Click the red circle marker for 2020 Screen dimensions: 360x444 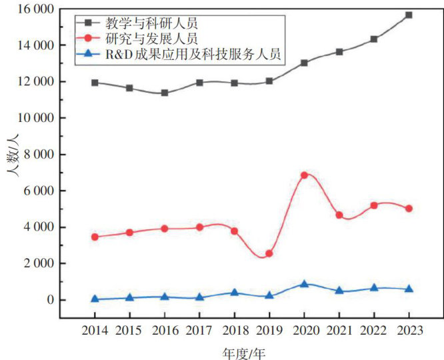click(x=304, y=175)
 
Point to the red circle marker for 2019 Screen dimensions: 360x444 click(x=269, y=253)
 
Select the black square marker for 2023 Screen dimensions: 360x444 click(x=409, y=15)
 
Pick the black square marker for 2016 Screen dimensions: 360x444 click(x=165, y=93)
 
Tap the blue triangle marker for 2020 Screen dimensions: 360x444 click(x=304, y=284)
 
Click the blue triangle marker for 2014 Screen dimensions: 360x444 click(x=95, y=299)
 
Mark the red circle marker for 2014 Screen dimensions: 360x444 click(x=95, y=237)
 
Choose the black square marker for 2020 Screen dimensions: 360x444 click(x=304, y=63)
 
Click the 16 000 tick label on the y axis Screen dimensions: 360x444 click(x=36, y=9)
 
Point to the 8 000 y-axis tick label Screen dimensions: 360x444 click(x=40, y=155)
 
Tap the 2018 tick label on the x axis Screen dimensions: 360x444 click(x=234, y=330)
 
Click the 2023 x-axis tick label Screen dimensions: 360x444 click(x=409, y=330)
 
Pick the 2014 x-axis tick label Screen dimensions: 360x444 click(x=95, y=330)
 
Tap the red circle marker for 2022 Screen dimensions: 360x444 click(x=374, y=205)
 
